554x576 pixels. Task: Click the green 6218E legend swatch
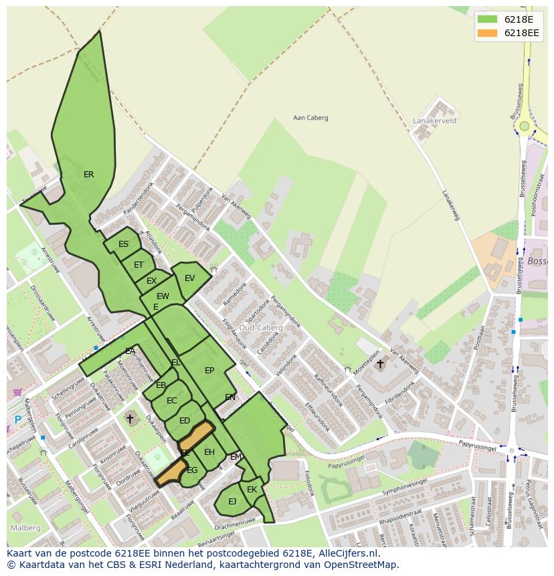tap(488, 19)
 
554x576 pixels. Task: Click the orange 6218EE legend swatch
tap(488, 33)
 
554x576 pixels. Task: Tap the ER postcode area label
tap(88, 175)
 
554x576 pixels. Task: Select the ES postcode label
tap(123, 244)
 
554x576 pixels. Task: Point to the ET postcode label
tap(138, 265)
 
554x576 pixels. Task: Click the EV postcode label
tap(189, 278)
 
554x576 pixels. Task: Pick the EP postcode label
tap(209, 371)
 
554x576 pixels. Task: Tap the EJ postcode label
tap(232, 501)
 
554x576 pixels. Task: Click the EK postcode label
tap(252, 490)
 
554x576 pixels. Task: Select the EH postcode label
tap(209, 453)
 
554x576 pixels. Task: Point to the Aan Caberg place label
tap(310, 118)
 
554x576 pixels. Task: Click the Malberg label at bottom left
tap(25, 528)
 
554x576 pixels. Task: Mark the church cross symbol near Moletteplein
tap(380, 364)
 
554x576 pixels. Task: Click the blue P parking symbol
tap(17, 420)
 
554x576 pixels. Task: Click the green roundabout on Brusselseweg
tap(525, 126)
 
